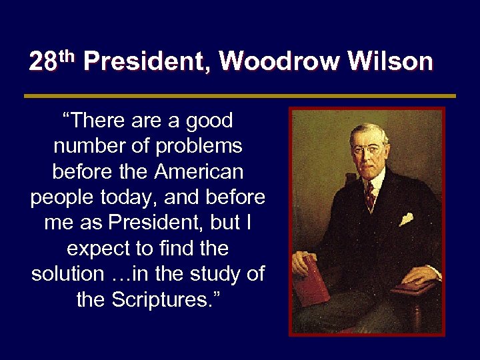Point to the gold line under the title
[240, 96]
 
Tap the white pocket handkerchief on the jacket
[407, 218]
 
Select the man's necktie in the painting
[369, 195]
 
